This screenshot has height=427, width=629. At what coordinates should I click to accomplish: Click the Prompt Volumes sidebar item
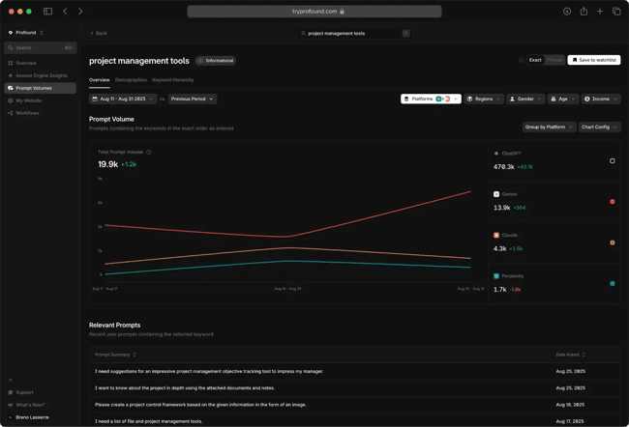tap(35, 88)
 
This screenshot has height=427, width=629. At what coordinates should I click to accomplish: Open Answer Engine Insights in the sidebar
tap(41, 75)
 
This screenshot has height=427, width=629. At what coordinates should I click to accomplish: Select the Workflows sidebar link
tap(27, 113)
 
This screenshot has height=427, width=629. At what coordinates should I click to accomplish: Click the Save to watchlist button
tap(594, 60)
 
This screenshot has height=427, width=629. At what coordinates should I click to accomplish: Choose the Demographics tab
tap(131, 80)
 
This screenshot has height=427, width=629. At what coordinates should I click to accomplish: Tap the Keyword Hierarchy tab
tap(172, 80)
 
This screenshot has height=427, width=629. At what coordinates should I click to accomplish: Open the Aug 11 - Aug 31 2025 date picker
tap(122, 99)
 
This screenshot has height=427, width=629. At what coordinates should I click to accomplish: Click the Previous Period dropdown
tap(192, 99)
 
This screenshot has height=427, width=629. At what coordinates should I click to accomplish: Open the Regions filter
tap(483, 99)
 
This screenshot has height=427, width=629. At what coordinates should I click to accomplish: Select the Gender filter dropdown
tap(525, 99)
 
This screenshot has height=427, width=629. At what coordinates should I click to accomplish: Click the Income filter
tap(600, 99)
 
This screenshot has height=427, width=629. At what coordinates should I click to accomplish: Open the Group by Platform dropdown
tap(548, 127)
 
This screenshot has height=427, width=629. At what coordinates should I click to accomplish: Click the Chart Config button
tap(599, 127)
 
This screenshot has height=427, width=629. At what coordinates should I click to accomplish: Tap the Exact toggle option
tap(534, 60)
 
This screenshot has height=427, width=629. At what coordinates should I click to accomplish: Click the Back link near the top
tap(99, 33)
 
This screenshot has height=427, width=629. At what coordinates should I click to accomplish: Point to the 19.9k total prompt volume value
tap(107, 164)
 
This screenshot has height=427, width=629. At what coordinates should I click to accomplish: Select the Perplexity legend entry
tap(512, 275)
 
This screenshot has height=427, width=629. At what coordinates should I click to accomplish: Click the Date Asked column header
tap(570, 355)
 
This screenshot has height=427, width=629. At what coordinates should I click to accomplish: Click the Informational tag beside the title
tap(217, 61)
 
